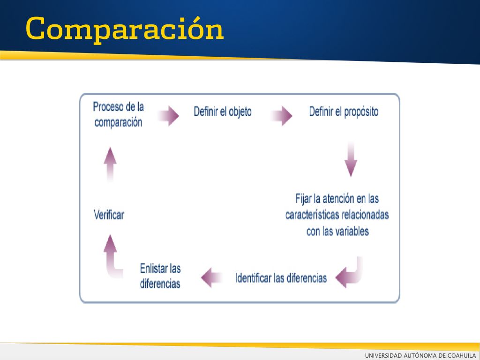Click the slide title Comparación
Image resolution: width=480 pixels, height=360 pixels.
[x=125, y=29]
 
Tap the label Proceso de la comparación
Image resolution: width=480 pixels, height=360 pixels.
[x=119, y=114]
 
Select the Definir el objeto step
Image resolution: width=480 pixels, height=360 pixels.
[x=223, y=112]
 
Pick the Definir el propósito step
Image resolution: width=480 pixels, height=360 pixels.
[x=344, y=112]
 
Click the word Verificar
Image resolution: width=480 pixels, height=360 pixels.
[x=109, y=215]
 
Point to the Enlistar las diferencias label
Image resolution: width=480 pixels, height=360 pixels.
[x=160, y=276]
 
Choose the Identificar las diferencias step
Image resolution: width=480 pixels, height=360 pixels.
[x=281, y=278]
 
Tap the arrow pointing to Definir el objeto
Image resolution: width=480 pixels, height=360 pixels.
[x=168, y=116]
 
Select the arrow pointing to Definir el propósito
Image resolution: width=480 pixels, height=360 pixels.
[x=282, y=116]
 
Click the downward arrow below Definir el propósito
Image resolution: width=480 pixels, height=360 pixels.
[x=351, y=159]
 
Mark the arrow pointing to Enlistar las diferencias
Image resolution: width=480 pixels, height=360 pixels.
[x=211, y=277]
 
